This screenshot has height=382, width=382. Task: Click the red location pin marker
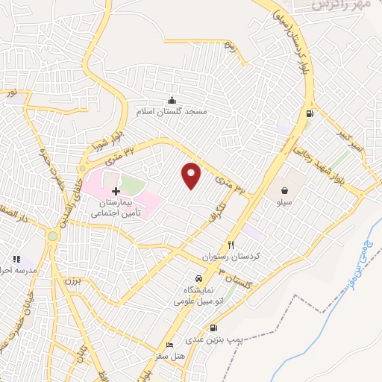coord(192,175)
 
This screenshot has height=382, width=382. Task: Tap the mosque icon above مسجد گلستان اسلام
coord(172,101)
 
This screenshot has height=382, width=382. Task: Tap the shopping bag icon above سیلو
coord(285,190)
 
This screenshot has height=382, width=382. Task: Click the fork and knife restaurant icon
coord(231,245)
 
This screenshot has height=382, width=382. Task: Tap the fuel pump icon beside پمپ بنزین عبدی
coord(214,328)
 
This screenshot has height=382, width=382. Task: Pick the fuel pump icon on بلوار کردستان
coord(308,114)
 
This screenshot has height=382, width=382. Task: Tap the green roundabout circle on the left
coord(52,236)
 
